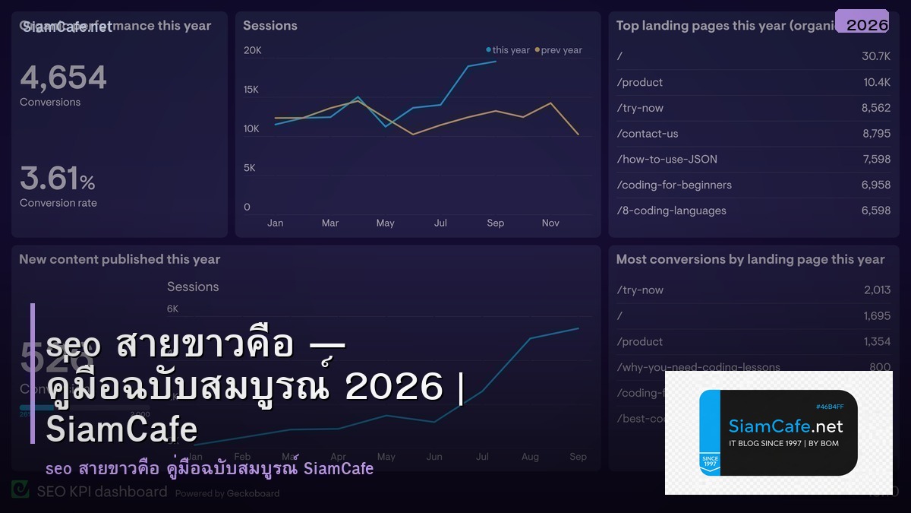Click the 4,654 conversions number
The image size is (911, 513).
click(x=63, y=78)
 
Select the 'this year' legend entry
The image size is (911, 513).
click(x=508, y=50)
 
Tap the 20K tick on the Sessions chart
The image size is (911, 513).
click(x=252, y=51)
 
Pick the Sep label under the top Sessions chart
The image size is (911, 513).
click(x=495, y=223)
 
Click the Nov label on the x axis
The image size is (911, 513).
click(x=550, y=223)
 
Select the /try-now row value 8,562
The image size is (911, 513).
click(x=875, y=108)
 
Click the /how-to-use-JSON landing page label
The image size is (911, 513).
click(x=667, y=159)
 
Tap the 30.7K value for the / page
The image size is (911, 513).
click(x=875, y=56)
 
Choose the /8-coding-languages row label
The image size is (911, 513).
click(x=671, y=211)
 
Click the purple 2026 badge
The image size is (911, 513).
click(x=862, y=22)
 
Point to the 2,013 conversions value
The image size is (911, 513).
click(x=877, y=290)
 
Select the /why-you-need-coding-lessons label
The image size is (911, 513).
click(x=698, y=367)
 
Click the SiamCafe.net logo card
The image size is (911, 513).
click(x=778, y=432)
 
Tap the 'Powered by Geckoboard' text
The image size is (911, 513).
click(x=227, y=493)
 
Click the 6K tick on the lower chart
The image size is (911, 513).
click(x=172, y=309)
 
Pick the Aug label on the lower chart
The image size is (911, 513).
click(x=530, y=457)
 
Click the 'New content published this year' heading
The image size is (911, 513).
click(x=119, y=259)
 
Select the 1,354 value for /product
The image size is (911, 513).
click(x=877, y=341)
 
